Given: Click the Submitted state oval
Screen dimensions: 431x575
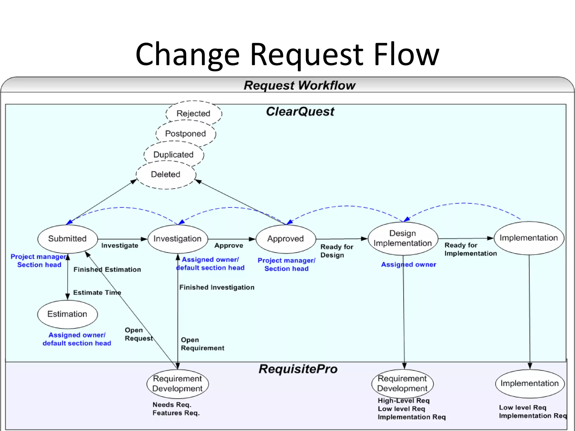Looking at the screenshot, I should [x=67, y=239].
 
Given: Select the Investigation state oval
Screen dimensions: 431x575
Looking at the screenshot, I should [x=177, y=239].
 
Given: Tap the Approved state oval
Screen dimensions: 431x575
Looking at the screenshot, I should [x=286, y=239].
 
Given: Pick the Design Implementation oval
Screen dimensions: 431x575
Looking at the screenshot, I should [x=403, y=239].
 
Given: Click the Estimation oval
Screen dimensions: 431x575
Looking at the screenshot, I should [x=67, y=314].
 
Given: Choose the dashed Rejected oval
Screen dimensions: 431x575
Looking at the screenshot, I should [x=193, y=113].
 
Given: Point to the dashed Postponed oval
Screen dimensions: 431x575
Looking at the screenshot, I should [x=186, y=134].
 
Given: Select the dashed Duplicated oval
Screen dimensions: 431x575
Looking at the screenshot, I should [x=174, y=155].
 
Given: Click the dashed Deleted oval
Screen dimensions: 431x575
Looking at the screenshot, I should [x=166, y=175].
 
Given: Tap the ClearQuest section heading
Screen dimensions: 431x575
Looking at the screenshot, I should [x=300, y=112].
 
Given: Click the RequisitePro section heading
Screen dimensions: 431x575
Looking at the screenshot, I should [x=298, y=369].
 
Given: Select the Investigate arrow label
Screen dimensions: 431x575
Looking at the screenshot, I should [x=120, y=246].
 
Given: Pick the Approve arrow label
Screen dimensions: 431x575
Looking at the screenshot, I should [x=229, y=246].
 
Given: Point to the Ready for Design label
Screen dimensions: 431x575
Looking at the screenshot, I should [x=336, y=251].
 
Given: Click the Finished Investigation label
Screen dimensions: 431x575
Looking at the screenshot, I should [x=217, y=287].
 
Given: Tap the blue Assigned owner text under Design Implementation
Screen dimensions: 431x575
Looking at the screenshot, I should [x=409, y=265].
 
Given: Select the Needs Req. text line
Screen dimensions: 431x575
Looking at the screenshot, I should [x=172, y=405].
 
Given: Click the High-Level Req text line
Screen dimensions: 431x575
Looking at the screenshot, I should [x=403, y=401].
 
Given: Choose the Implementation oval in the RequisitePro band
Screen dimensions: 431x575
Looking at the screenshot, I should [x=530, y=383].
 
